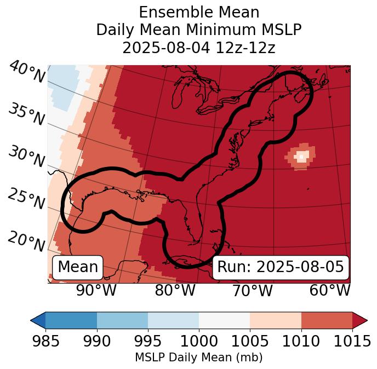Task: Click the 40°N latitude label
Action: tap(26, 73)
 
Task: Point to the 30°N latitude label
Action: tap(26, 157)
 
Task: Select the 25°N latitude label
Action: tap(26, 200)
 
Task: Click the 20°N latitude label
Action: tap(26, 241)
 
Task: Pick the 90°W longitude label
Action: tap(96, 290)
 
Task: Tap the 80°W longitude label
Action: tap(175, 290)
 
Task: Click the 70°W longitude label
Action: tap(252, 290)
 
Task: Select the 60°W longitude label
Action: tap(330, 290)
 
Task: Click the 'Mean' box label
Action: tap(78, 267)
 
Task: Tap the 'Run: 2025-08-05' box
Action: tap(281, 267)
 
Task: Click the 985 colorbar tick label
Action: tap(45, 342)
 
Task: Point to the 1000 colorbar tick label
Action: tap(199, 342)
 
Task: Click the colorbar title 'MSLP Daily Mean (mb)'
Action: tap(199, 358)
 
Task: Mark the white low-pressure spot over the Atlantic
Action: tap(300, 156)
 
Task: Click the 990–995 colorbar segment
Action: tap(122, 320)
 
